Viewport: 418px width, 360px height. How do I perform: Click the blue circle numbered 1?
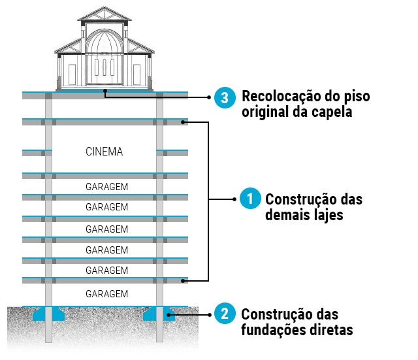pos(248,199)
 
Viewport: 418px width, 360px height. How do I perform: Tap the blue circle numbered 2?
pos(224,314)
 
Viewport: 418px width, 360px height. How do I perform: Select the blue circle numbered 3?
pos(224,97)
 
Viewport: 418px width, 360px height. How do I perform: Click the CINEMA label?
pos(104,152)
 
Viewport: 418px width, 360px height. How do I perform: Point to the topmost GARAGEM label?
pos(106,186)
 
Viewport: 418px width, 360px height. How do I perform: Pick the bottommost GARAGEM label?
pos(106,293)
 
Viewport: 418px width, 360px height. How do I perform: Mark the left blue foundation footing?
pos(49,314)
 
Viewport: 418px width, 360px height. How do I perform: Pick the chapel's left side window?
pos(71,73)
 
